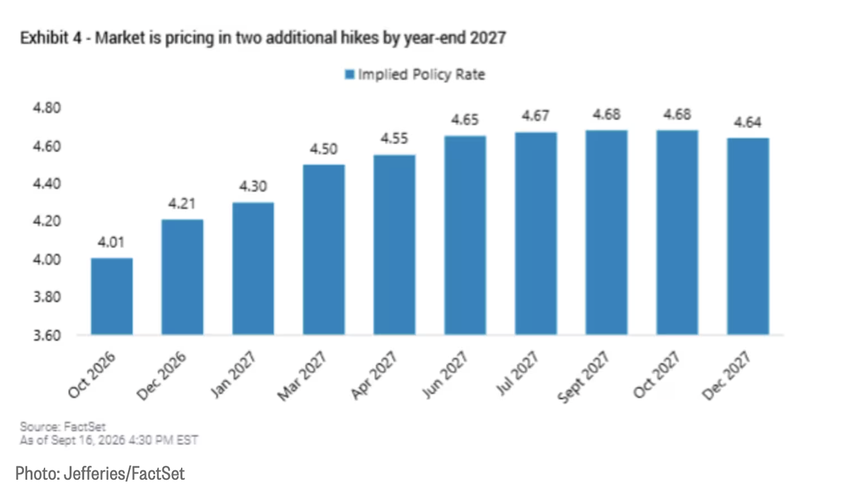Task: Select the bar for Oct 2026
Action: [x=111, y=297]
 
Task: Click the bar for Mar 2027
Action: [x=324, y=249]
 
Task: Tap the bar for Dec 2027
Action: [x=748, y=236]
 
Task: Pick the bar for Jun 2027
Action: [x=465, y=235]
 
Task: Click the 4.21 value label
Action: [x=182, y=204]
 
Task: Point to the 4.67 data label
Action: [x=536, y=116]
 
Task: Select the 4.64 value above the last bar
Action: [x=747, y=122]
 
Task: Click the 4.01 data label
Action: [x=111, y=242]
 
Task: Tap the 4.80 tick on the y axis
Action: [x=47, y=108]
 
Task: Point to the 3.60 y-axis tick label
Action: [x=47, y=335]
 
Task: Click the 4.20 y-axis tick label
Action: [x=47, y=221]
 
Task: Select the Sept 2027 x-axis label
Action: [x=583, y=377]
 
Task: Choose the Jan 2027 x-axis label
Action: [x=233, y=374]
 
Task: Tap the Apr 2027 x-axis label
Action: [x=374, y=375]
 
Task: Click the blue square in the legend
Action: [x=350, y=74]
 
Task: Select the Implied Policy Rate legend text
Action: [x=421, y=74]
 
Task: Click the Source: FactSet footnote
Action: [x=62, y=427]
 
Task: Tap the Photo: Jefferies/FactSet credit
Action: [x=100, y=474]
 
